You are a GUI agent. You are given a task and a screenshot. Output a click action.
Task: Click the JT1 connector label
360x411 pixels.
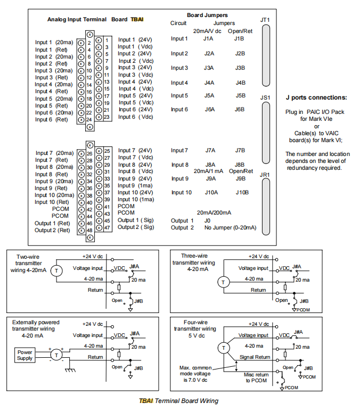(265, 20)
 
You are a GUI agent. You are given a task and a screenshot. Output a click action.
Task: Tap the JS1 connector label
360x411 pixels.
(265, 97)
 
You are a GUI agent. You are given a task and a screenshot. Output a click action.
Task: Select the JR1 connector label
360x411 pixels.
(265, 174)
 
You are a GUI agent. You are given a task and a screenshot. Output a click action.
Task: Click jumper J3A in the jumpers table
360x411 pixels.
(209, 68)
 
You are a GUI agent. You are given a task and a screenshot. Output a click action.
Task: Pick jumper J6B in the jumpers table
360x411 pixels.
(240, 109)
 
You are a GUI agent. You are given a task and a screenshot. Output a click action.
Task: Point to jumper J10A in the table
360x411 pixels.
(211, 192)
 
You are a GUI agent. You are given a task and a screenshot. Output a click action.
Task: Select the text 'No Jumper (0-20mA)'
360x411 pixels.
(230, 228)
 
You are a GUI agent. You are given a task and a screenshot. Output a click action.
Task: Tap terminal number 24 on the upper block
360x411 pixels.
(89, 119)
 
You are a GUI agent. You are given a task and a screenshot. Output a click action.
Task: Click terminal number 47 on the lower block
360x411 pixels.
(107, 227)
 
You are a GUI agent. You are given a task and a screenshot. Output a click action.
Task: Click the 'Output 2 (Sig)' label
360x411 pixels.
(136, 227)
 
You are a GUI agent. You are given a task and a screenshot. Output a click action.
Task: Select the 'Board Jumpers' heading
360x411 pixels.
(207, 15)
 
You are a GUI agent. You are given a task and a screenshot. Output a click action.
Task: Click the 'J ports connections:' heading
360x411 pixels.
(316, 97)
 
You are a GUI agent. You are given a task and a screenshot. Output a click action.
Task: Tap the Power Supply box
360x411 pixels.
(25, 355)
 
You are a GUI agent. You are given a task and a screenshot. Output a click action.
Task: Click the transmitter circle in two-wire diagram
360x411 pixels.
(59, 270)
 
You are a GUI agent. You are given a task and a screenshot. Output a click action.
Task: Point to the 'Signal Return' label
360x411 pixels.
(254, 357)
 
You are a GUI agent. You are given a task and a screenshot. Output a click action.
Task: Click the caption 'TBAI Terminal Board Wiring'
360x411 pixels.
(178, 401)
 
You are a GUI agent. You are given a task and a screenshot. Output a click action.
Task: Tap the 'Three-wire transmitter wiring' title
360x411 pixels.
(198, 262)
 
